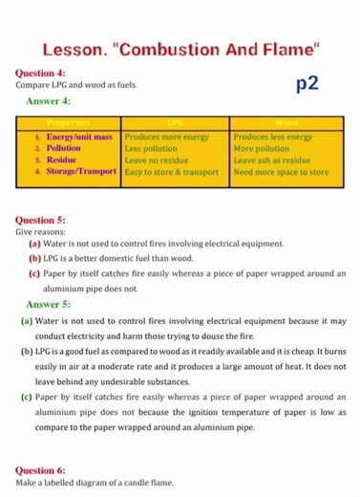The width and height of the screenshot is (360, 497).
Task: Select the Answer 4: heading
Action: (x=49, y=101)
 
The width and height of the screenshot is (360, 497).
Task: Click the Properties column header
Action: (x=69, y=123)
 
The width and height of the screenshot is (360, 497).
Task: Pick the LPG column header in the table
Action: (x=175, y=123)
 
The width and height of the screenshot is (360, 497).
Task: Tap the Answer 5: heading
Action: (x=49, y=305)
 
